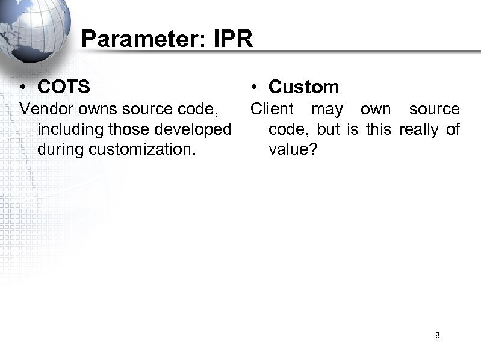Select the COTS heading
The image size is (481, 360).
64,87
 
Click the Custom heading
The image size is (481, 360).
303,87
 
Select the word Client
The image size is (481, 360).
272,109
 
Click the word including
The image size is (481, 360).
66,129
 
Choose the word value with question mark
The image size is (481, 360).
291,149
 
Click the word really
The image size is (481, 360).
418,129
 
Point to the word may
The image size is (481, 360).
327,110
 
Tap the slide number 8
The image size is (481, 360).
438,335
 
